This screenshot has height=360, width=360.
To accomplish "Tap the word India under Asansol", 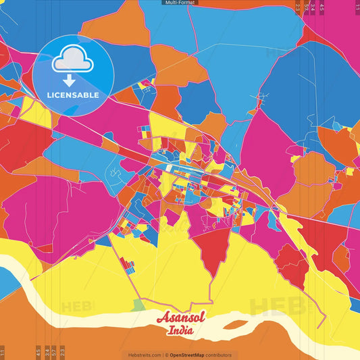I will (x=181, y=330).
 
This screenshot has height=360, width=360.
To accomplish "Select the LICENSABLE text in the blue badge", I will (x=73, y=95).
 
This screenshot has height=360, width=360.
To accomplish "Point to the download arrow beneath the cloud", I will (x=72, y=79).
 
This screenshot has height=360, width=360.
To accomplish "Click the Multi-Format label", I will (x=180, y=3).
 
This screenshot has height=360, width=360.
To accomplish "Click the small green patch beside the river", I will (x=138, y=305).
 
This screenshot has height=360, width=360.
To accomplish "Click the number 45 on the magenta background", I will (x=322, y=8).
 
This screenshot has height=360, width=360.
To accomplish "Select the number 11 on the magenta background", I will (x=357, y=7).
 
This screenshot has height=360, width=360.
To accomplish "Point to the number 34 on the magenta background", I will (x=313, y=8).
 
